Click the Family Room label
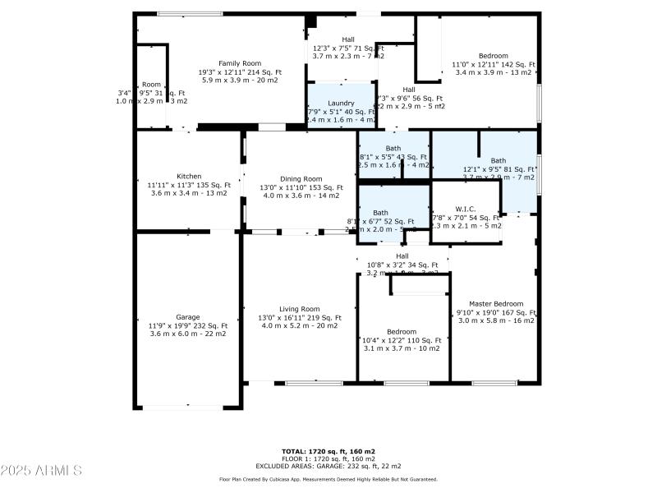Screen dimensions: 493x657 pyautogui.click(x=239, y=63)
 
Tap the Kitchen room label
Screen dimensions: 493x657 pyautogui.click(x=189, y=176)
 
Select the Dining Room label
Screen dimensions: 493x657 pyautogui.click(x=301, y=178)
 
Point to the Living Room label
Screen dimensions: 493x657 pyautogui.click(x=300, y=308)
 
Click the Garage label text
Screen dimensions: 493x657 pyautogui.click(x=188, y=316)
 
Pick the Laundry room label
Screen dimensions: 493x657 pyautogui.click(x=341, y=104)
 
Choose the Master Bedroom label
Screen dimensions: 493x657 pyautogui.click(x=496, y=303)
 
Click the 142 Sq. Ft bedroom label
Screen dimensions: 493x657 pyautogui.click(x=494, y=56)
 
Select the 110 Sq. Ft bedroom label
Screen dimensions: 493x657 pyautogui.click(x=402, y=331)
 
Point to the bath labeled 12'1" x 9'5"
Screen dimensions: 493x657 pyautogui.click(x=498, y=160)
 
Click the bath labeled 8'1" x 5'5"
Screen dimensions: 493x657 pyautogui.click(x=393, y=148)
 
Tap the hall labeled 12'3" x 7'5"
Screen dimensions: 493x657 pyautogui.click(x=348, y=39)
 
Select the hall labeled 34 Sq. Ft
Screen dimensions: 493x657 pyautogui.click(x=402, y=256)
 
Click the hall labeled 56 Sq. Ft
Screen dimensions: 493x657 pyautogui.click(x=409, y=90)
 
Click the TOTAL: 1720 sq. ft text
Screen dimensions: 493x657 pyautogui.click(x=328, y=451)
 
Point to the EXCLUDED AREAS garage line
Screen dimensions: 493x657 pyautogui.click(x=328, y=465)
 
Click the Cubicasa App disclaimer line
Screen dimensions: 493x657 pyautogui.click(x=328, y=479)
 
